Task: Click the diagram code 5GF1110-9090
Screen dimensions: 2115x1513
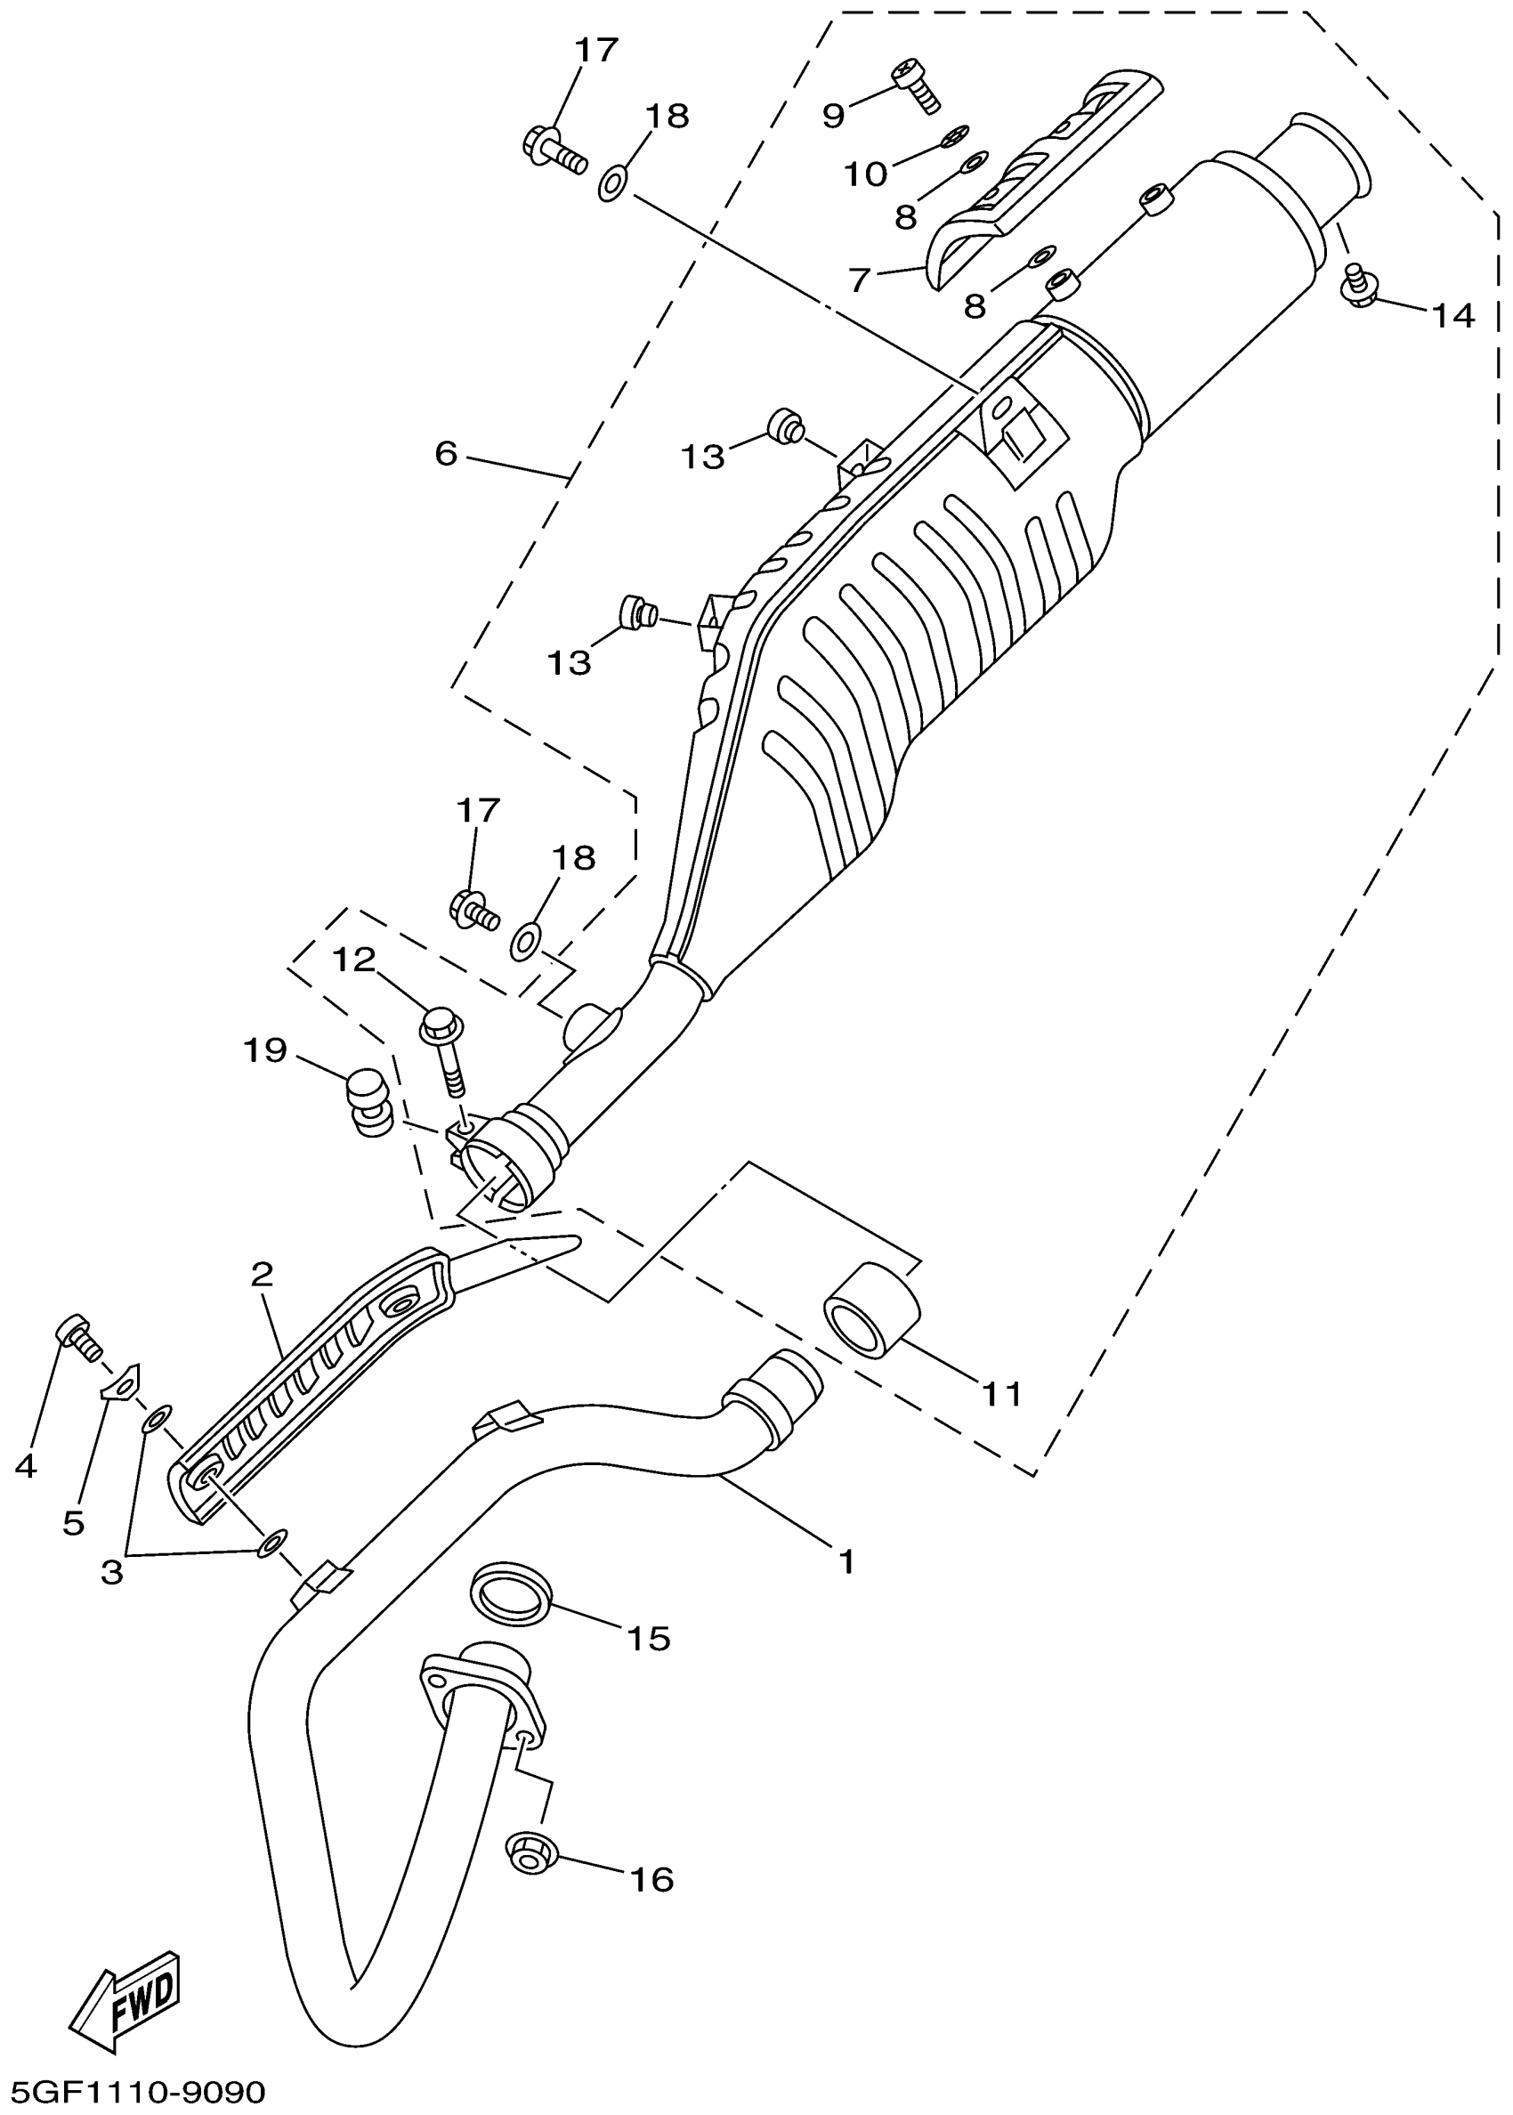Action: [139, 2092]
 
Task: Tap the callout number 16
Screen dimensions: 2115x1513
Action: [651, 1879]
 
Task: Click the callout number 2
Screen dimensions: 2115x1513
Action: [262, 1274]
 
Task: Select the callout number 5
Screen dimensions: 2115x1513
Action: [74, 1522]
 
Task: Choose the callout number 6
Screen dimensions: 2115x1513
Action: [446, 454]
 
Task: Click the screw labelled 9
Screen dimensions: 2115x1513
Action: [917, 84]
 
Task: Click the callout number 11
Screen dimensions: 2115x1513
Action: [1001, 1394]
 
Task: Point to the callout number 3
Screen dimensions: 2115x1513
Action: [112, 1573]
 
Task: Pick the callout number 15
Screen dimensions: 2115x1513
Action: [649, 1638]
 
